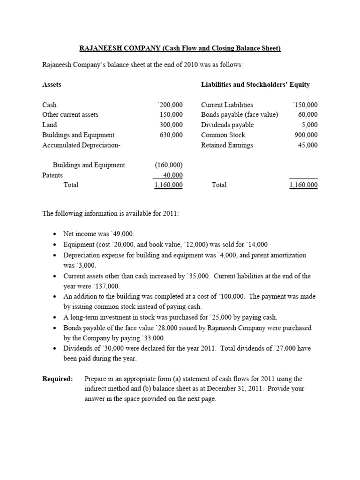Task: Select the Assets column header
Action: (52, 85)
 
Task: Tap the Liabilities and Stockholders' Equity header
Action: (255, 85)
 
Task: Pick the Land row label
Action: (49, 125)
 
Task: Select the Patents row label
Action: (52, 175)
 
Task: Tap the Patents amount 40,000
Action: (172, 175)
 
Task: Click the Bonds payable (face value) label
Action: (239, 115)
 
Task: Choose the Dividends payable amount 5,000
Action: (309, 125)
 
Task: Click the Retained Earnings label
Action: (227, 145)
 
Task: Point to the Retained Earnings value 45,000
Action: (307, 145)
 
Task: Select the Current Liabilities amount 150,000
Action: (305, 105)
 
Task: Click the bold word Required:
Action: (58, 379)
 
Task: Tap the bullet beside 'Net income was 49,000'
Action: (55, 234)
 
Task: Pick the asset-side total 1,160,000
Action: (168, 185)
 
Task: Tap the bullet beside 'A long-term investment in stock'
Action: (55, 317)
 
